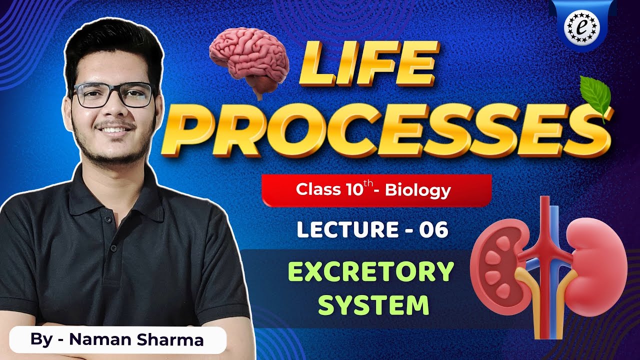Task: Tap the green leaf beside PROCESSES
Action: (x=595, y=97)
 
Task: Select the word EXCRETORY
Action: (x=371, y=273)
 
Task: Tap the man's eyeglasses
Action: (x=114, y=95)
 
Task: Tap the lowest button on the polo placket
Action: (x=113, y=248)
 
